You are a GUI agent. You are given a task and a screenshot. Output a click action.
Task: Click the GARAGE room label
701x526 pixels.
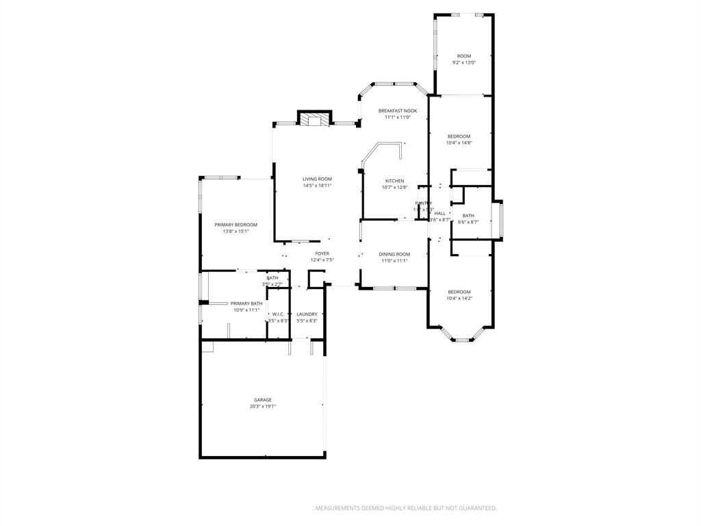[x=263, y=400]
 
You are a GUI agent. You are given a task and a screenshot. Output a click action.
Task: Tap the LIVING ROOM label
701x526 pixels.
[x=317, y=179]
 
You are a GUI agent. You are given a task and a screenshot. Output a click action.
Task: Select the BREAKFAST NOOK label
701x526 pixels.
[x=398, y=110]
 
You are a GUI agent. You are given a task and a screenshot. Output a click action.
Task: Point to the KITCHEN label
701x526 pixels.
[x=394, y=181]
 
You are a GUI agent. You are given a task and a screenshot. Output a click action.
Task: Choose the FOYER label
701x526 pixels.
[x=322, y=253]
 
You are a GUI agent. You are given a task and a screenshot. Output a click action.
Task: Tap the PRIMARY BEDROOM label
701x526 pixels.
[x=235, y=225]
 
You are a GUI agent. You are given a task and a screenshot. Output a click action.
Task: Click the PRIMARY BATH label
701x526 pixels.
[x=246, y=303]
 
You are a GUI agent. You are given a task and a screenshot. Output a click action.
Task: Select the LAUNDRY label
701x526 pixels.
[x=307, y=314]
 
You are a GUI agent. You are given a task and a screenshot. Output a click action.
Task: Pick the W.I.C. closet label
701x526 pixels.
[x=278, y=314]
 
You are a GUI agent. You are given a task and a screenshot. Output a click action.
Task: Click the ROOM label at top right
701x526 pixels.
[x=464, y=56]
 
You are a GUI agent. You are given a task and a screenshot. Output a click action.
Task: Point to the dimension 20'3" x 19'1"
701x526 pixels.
[x=263, y=407]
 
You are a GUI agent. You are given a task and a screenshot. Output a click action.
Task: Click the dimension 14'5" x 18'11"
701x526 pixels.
[x=317, y=186]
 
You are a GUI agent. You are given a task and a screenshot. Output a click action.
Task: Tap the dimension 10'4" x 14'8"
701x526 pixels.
[x=459, y=143]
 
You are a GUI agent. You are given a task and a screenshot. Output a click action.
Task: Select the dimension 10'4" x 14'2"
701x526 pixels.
[x=459, y=299]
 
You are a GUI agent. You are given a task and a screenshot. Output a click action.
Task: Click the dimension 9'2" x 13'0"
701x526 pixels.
[x=464, y=63]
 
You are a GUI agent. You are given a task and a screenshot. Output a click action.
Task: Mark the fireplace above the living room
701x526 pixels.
[x=314, y=119]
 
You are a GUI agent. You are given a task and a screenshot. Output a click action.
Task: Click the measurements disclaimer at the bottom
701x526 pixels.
[x=406, y=508]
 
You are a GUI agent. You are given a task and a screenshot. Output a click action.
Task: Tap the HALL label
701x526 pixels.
[x=439, y=214]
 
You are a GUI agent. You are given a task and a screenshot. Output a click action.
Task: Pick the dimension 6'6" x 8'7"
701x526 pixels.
[x=468, y=222]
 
